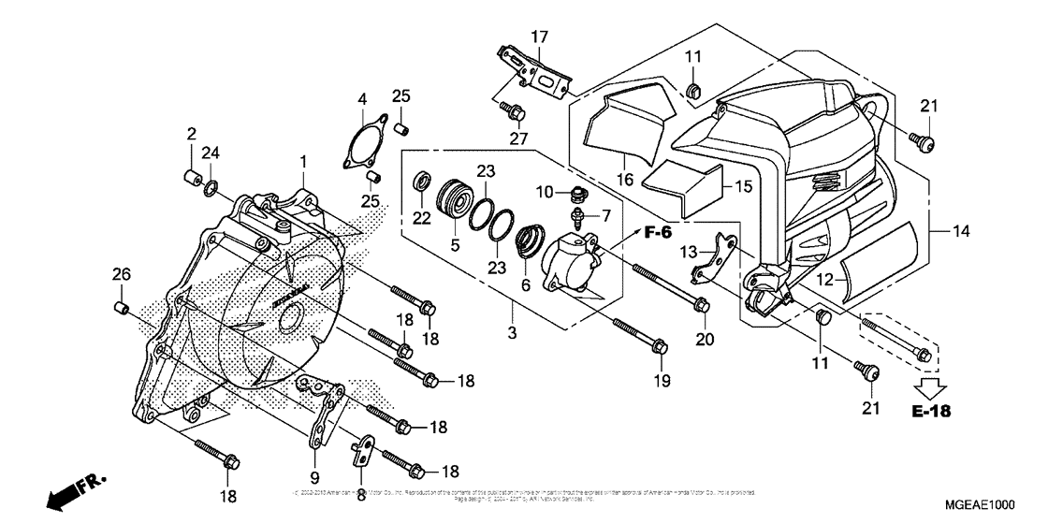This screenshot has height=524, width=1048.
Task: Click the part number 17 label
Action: [540, 36]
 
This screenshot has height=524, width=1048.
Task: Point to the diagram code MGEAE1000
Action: [979, 502]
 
